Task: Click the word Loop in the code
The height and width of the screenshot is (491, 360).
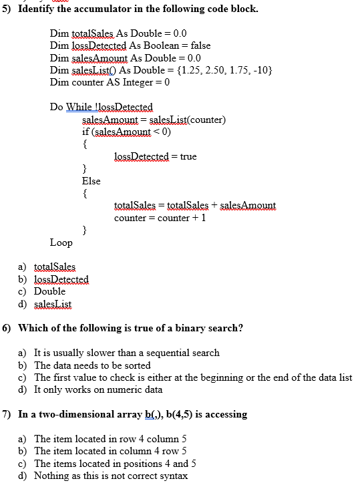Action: point(61,242)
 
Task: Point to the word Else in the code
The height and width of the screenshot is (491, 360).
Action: point(91,181)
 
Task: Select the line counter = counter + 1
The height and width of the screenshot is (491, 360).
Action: point(160,218)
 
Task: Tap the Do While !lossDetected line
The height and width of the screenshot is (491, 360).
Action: point(102,107)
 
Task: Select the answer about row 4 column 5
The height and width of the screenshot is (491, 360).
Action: point(110,439)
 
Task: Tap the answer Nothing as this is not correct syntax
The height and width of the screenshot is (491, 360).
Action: point(111,476)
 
